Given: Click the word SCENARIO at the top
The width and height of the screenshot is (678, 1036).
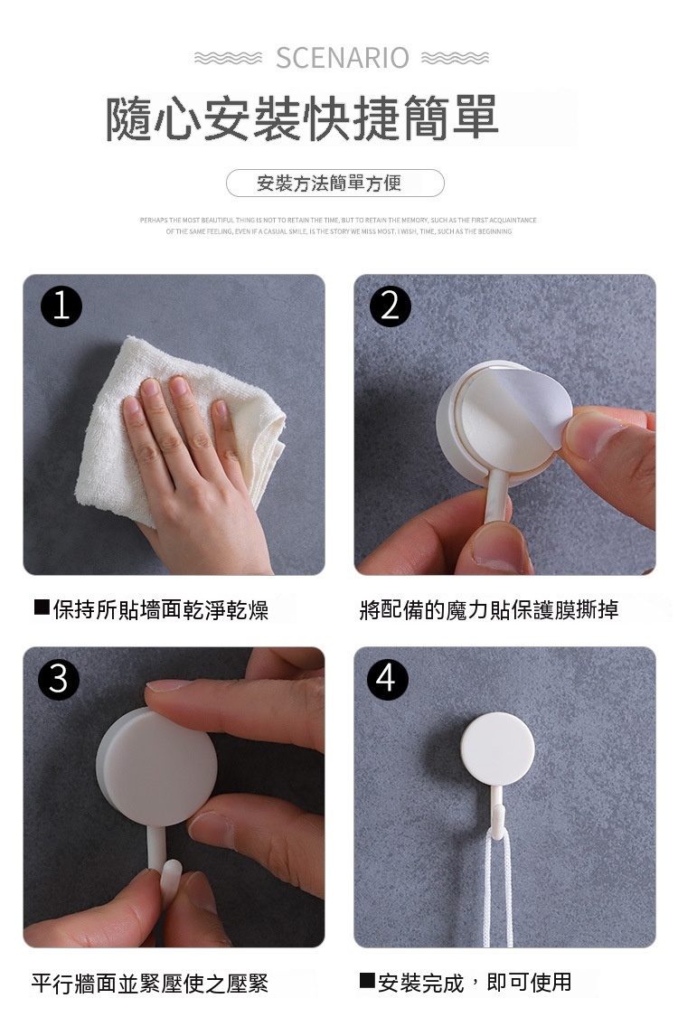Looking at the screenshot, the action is (343, 58).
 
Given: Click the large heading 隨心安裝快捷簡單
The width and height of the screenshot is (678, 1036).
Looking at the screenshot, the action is (302, 118).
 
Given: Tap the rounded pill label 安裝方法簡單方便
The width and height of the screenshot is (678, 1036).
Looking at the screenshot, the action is (335, 183).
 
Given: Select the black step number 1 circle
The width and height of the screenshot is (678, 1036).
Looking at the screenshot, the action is (61, 306).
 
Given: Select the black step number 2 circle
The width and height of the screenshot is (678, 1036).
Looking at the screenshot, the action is (391, 306).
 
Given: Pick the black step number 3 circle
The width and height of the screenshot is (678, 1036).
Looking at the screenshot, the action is (59, 679).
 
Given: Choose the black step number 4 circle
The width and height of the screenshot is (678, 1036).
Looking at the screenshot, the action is (387, 679).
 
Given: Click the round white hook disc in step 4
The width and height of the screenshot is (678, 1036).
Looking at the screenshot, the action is (497, 749).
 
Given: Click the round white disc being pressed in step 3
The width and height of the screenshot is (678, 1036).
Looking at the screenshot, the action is (156, 768).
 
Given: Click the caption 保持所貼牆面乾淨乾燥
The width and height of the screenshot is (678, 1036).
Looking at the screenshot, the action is (161, 610).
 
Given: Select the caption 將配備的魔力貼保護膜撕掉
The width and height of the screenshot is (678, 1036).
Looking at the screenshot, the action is (489, 609).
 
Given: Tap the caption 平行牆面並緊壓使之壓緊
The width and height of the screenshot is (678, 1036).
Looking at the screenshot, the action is (150, 984).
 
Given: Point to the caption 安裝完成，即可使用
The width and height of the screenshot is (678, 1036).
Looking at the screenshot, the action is (476, 984).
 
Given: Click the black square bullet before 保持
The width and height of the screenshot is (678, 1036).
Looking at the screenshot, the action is (42, 607).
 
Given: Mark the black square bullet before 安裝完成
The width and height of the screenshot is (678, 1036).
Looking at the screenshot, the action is (367, 981).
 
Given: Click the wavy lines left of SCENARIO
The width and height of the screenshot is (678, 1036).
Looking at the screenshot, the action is (229, 59).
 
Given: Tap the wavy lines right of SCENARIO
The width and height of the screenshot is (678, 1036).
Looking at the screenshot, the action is (456, 59).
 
